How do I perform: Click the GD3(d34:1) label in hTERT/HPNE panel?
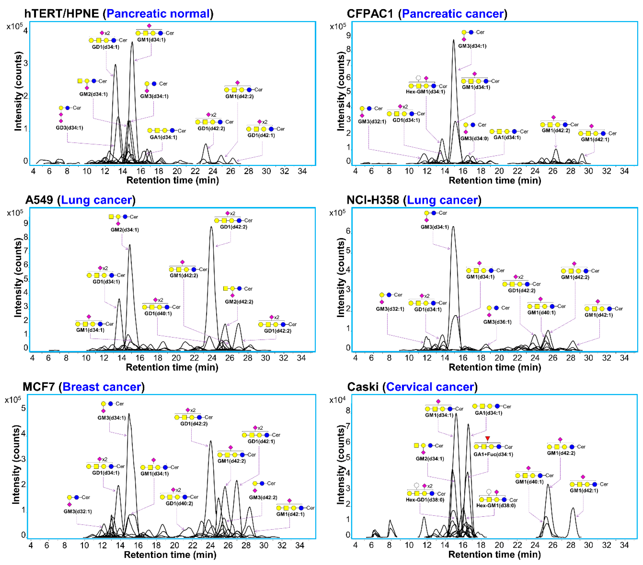coord(70,128)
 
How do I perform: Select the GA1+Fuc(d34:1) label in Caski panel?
coord(493,454)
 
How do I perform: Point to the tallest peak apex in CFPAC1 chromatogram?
coord(453,40)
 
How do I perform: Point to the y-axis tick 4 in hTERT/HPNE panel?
coord(25,31)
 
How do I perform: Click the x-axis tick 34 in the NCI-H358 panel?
coord(624,358)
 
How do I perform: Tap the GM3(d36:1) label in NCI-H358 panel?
coord(497,322)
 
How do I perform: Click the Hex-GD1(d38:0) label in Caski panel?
coord(425,500)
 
